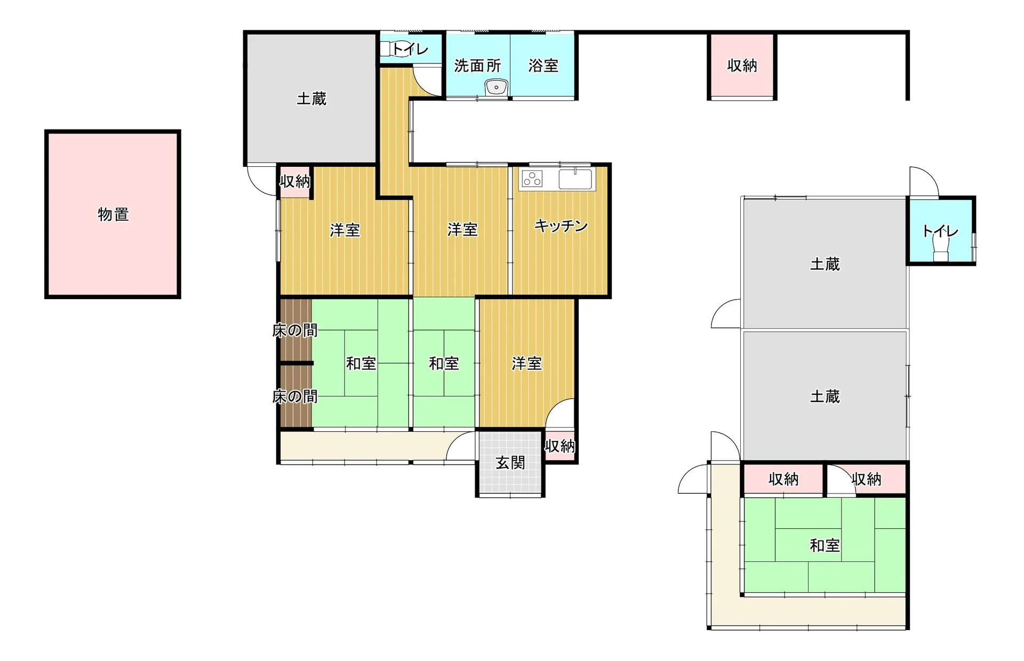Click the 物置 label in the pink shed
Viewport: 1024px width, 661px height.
(113, 214)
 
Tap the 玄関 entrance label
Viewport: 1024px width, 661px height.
(510, 463)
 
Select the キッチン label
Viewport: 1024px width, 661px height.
(561, 226)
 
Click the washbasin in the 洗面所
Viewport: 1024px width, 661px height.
(497, 87)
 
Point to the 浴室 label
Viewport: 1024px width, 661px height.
(543, 66)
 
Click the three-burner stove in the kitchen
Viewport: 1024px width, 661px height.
(532, 179)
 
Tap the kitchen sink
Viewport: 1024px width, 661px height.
(575, 179)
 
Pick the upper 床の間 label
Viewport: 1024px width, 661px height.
(295, 330)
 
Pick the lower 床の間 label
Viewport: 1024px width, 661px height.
(295, 397)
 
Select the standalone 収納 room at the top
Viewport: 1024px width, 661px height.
(742, 66)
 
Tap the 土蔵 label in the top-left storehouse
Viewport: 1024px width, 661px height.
(311, 99)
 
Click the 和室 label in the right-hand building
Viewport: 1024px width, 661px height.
(825, 545)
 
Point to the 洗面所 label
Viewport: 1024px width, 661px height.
(477, 66)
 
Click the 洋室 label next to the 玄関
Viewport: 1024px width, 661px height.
(527, 364)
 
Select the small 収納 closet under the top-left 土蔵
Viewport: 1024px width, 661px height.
(295, 182)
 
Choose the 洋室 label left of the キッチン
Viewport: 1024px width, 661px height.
(462, 230)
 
